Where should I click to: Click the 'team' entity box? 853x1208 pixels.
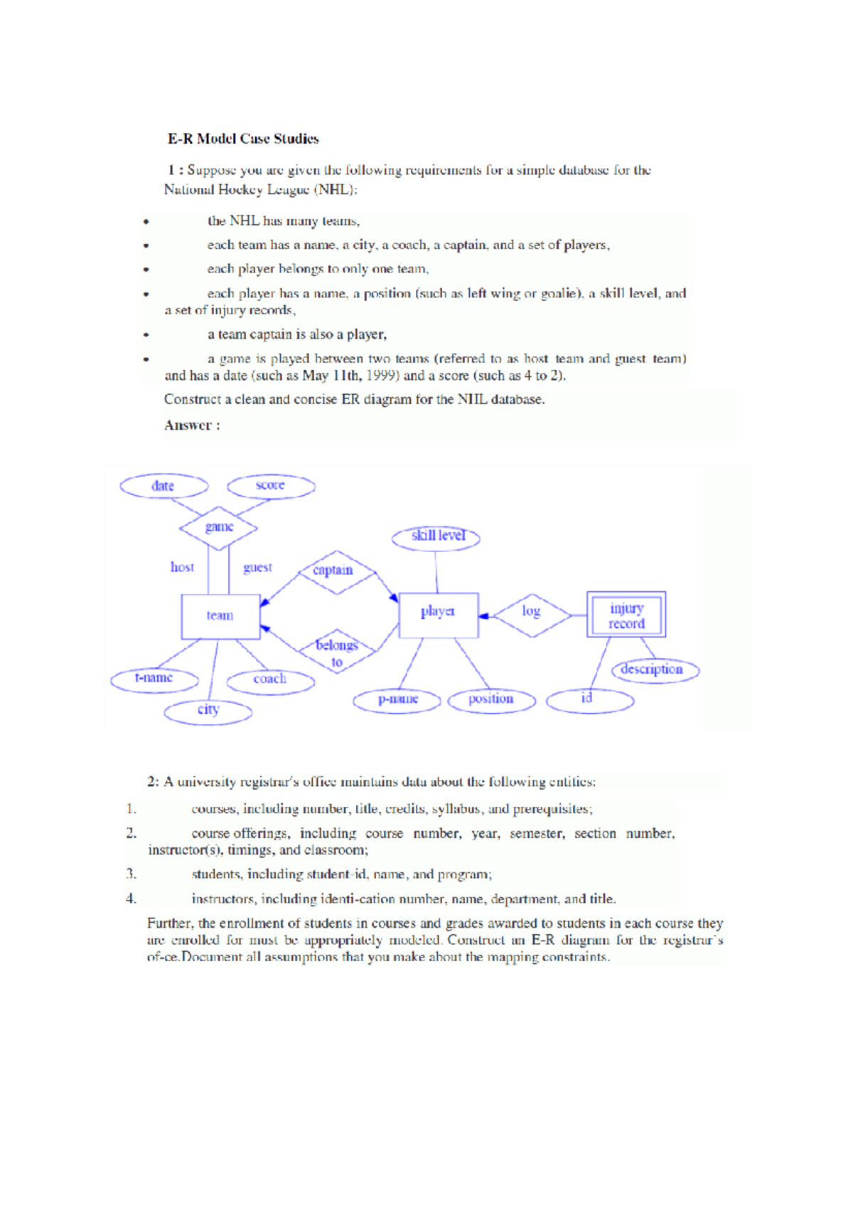[x=220, y=616]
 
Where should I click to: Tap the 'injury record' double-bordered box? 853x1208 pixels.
[x=626, y=615]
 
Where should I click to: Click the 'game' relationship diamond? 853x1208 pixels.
[x=218, y=528]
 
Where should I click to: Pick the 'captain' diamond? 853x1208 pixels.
[x=334, y=571]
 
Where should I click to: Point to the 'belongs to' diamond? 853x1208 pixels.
[x=337, y=651]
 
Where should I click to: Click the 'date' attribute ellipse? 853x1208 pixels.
[x=163, y=487]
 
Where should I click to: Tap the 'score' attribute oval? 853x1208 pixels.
[x=271, y=487]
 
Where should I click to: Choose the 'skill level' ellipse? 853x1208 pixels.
[x=436, y=537]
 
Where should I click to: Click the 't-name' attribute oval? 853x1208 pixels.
[x=154, y=679]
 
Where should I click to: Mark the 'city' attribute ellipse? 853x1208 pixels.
[x=208, y=711]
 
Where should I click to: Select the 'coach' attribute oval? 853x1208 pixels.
[x=270, y=681]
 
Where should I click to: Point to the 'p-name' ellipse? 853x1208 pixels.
[x=397, y=701]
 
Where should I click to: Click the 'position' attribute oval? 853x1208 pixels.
[x=491, y=701]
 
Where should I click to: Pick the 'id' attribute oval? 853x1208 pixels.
[x=589, y=701]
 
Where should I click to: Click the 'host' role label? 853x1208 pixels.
[x=182, y=568]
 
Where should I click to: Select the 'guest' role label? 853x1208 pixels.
[x=257, y=568]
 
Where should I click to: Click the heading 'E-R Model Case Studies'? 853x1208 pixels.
[x=243, y=139]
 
